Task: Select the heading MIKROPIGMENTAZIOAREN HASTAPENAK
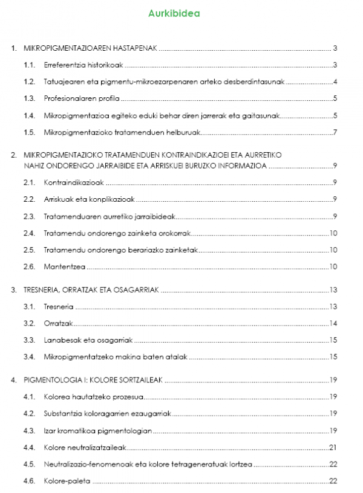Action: (x=91, y=48)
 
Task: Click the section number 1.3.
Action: (x=28, y=98)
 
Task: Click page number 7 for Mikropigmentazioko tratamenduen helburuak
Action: (x=335, y=132)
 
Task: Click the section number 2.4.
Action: (x=28, y=233)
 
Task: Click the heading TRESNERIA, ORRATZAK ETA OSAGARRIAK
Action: (x=91, y=290)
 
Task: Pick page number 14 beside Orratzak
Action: (x=333, y=323)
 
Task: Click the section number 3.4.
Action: (x=28, y=356)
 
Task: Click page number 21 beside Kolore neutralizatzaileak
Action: (x=333, y=447)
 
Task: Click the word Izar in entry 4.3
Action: (x=50, y=431)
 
